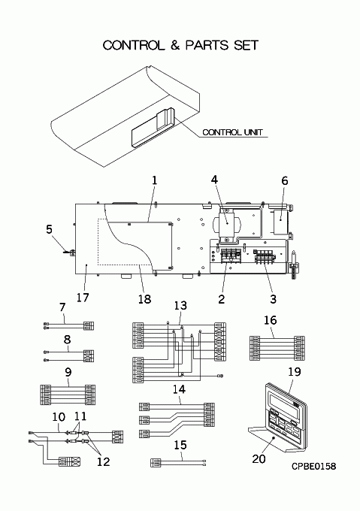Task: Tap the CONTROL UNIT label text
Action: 232,132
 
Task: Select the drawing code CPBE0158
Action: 313,466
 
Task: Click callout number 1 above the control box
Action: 154,180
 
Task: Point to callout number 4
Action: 214,180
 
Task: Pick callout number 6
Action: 285,181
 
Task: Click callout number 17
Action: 83,298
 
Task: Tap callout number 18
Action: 144,298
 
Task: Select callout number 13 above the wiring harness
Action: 180,306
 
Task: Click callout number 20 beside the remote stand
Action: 259,459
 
